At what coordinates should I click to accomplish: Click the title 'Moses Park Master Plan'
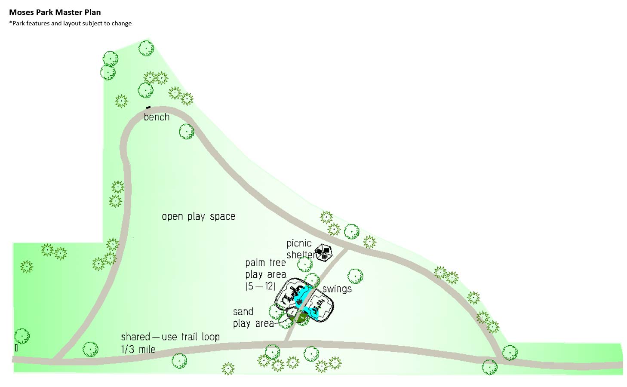pos(55,12)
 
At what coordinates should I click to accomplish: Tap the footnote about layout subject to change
pos(70,23)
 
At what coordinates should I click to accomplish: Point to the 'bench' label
pos(157,117)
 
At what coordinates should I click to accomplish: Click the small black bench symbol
pos(148,107)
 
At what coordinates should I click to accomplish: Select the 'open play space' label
pos(198,216)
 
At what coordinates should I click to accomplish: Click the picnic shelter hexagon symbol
pos(323,252)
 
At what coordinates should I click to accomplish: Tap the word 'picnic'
pos(299,243)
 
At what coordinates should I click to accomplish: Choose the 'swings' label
pos(337,289)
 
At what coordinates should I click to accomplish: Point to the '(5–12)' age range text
pos(260,286)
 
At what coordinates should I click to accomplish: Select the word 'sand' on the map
pos(243,311)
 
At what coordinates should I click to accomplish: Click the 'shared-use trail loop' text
pos(170,337)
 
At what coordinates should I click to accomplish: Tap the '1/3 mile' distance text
pos(138,349)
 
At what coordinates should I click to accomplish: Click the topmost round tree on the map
pos(146,48)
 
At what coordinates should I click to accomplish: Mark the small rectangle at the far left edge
pos(16,348)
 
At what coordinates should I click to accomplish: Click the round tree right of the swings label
pos(355,276)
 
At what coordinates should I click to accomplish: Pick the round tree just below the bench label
pos(186,131)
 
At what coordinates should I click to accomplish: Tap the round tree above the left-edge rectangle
pos(22,336)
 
